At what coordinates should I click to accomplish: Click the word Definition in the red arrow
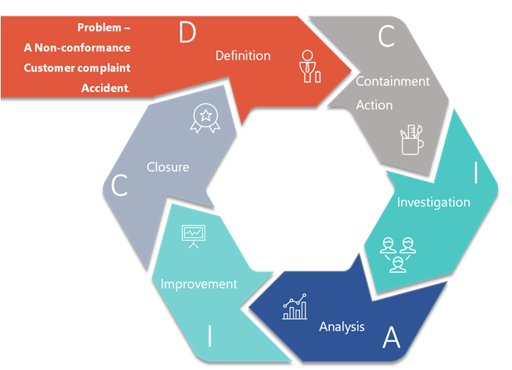click(243, 56)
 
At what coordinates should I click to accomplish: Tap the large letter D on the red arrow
click(187, 33)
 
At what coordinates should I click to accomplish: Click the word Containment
click(392, 81)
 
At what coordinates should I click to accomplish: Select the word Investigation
click(433, 202)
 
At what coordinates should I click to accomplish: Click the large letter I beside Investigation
click(475, 173)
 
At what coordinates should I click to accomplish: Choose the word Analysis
click(342, 326)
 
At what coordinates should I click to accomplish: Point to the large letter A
click(391, 338)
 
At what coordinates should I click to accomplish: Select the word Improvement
click(199, 284)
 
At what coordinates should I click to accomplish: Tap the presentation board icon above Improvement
click(192, 236)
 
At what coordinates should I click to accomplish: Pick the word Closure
click(168, 167)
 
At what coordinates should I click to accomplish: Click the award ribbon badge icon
click(202, 118)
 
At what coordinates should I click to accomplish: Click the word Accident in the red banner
click(105, 88)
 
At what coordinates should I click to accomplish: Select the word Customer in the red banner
click(50, 68)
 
